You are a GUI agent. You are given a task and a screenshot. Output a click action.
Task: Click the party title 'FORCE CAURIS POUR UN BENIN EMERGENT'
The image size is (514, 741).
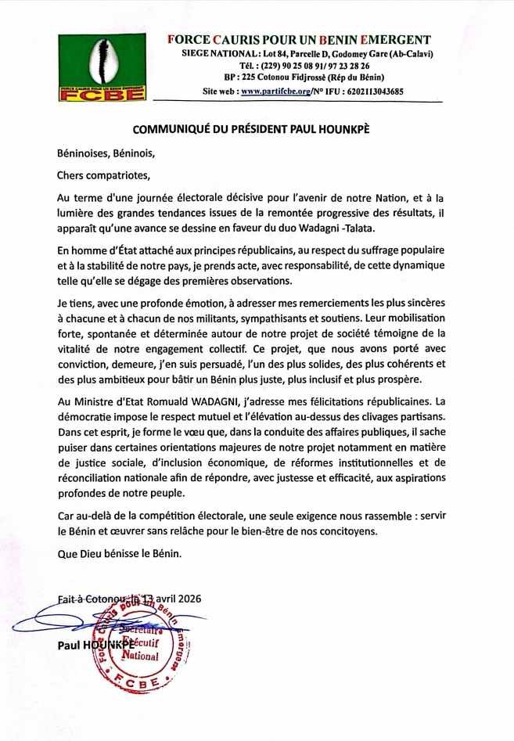pos(300,40)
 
